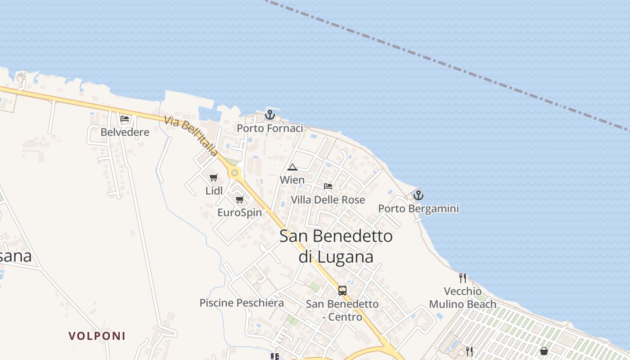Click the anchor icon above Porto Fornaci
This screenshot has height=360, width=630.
[x=270, y=115]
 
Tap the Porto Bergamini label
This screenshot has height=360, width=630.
[x=418, y=209]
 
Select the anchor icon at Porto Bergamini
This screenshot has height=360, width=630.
[x=418, y=195]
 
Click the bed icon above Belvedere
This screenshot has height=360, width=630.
[x=125, y=119]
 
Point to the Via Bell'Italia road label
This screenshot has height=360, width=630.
[x=191, y=136]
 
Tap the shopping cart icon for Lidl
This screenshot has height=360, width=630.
[x=214, y=177]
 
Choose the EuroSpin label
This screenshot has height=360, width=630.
[x=239, y=212]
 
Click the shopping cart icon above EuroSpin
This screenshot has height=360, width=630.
[x=239, y=199]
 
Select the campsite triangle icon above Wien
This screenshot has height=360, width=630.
[x=292, y=167]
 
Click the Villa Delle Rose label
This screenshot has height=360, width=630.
[x=328, y=199]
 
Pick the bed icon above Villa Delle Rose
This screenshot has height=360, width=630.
[x=328, y=186]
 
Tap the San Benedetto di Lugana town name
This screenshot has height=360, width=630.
[x=336, y=246]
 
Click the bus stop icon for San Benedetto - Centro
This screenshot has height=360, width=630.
[x=342, y=290]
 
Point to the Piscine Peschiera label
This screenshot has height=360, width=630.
[x=242, y=303]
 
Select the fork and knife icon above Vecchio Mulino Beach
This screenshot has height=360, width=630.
[x=463, y=278]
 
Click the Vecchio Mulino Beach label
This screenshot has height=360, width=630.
[x=463, y=298]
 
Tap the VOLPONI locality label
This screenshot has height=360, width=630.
[x=97, y=336]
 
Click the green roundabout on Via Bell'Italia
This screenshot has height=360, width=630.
[x=234, y=172]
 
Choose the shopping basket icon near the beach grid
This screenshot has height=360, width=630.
[x=544, y=351]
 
